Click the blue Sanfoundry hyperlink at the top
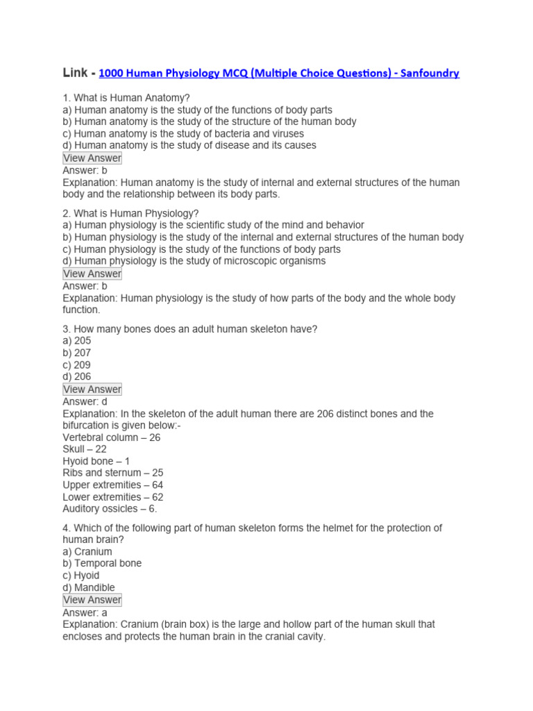coord(279,73)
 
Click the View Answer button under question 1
coord(92,158)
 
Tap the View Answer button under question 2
coord(92,274)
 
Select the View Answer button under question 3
coord(92,389)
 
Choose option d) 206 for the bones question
coord(77,376)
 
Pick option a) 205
coord(77,341)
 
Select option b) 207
coord(77,353)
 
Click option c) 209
coord(77,365)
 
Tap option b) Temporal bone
coord(102,563)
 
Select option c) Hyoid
coord(81,575)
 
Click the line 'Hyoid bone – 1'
coord(96,461)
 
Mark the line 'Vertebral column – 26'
coord(112,437)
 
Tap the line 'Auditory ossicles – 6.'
coord(110,509)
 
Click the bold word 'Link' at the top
coord(76,72)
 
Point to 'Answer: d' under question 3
coord(85,401)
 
